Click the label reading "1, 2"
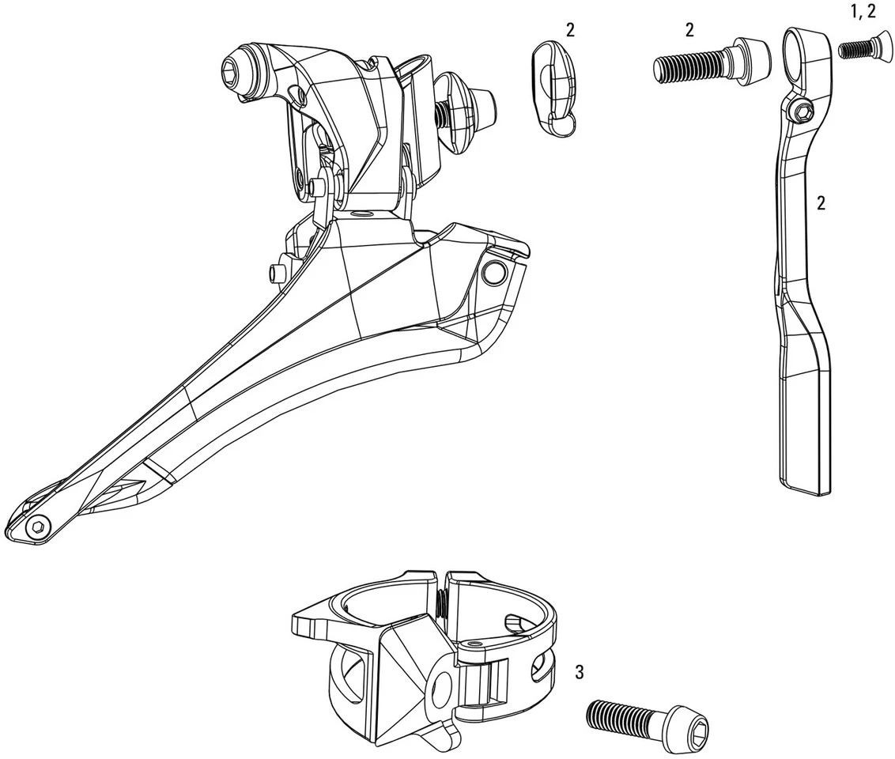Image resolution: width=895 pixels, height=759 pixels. pos(861,12)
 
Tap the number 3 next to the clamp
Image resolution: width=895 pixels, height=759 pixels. pos(580,672)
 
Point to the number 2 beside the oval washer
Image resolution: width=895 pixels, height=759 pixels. pos(570,30)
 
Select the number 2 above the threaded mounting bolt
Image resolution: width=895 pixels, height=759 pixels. pos(689,30)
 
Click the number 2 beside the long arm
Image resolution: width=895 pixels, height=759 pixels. pos(821,203)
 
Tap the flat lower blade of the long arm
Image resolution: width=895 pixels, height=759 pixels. pos(806,427)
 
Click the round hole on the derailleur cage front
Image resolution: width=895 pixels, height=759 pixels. pos(493,273)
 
